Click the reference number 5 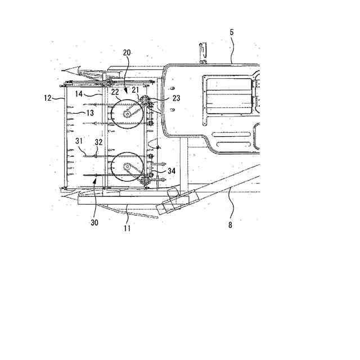click(232, 32)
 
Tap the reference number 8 click(230, 225)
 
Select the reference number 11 click(127, 228)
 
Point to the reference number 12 click(48, 98)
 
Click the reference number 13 click(90, 112)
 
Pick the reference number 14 click(79, 94)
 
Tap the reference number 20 click(127, 52)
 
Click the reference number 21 click(135, 89)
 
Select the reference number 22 click(115, 92)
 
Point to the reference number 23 click(176, 98)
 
